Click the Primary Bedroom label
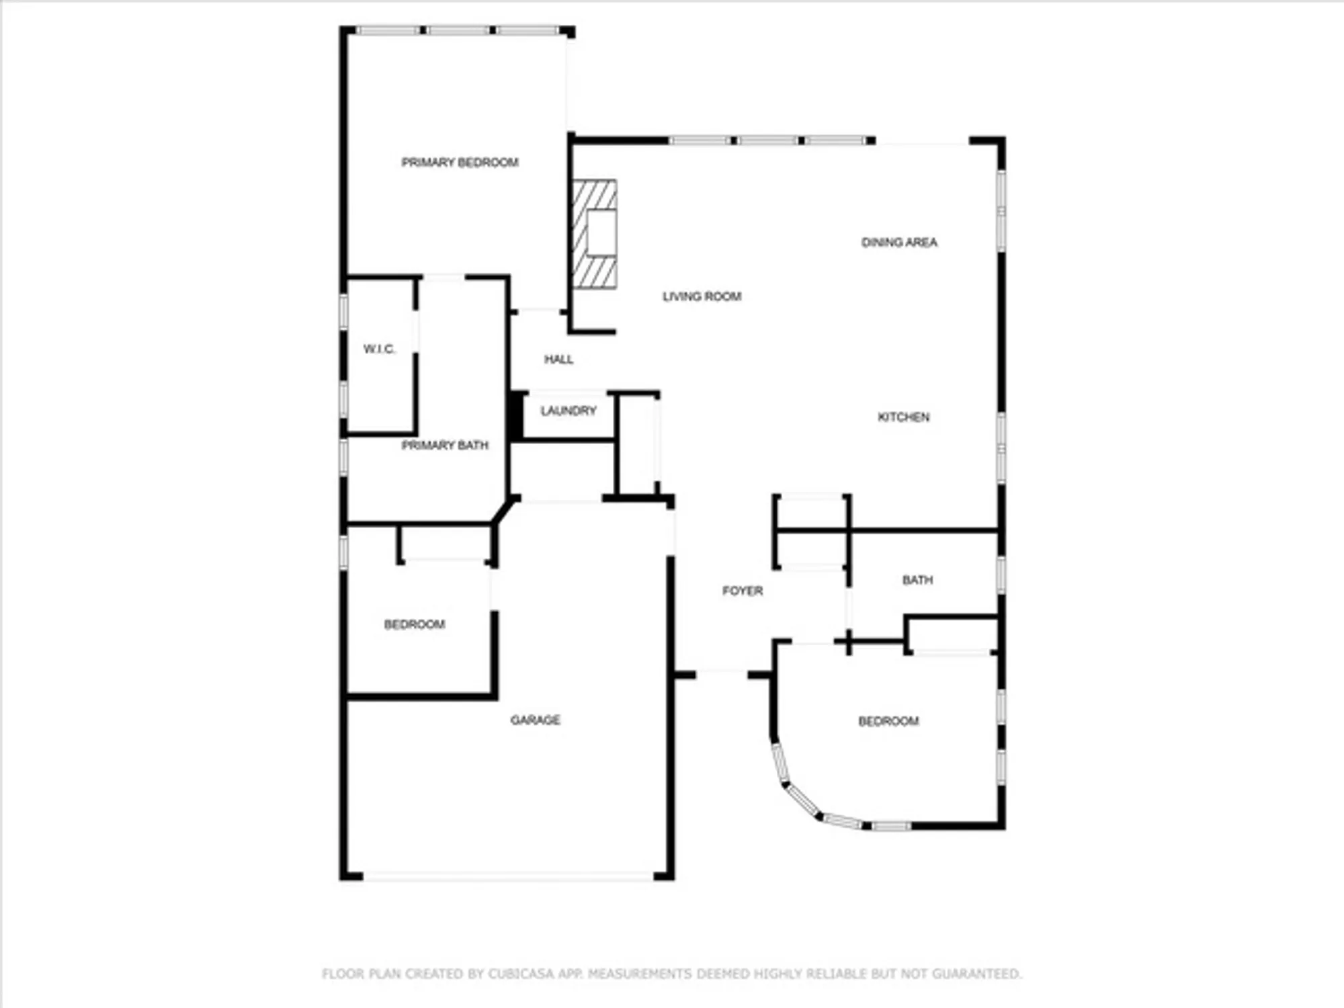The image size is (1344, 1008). pos(460,163)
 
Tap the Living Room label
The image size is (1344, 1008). pos(702,296)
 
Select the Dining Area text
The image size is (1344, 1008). pos(899,243)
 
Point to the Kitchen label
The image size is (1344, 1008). pos(903,417)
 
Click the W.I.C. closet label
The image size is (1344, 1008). pos(379,349)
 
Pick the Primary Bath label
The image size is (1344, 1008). pos(445,446)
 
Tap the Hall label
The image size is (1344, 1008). pos(558,360)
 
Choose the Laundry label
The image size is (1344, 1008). pos(569,411)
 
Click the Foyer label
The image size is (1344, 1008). pos(742,591)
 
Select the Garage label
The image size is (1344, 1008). pos(535,720)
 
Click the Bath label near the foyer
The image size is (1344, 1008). pos(917,580)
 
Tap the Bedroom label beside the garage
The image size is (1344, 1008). pos(414,625)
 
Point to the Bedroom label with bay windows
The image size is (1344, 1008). pos(888,722)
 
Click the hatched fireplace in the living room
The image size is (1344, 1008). pos(594,234)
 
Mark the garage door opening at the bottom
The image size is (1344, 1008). pos(508,876)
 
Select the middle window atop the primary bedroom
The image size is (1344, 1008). pos(459,30)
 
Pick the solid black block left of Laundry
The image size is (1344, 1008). pos(516,417)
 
